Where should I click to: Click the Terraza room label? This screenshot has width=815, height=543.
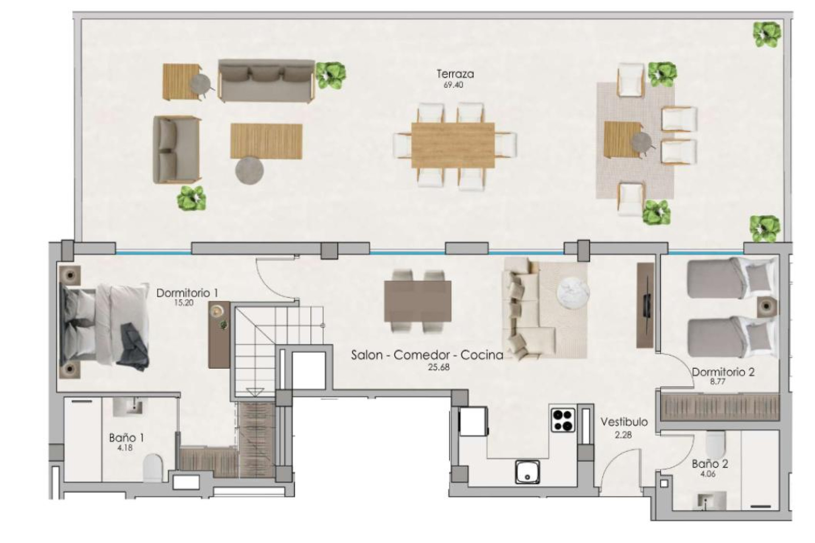coord(455,74)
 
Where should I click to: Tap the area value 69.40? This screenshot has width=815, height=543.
coord(453,85)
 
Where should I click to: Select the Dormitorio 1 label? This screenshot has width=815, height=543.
coord(187,293)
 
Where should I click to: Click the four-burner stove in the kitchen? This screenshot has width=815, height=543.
coord(563,420)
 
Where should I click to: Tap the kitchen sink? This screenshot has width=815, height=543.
coord(528,472)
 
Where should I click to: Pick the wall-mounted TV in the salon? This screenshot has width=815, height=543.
coord(646,305)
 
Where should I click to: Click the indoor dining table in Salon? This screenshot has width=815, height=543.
coord(417,301)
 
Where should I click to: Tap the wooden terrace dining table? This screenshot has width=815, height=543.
coord(453,145)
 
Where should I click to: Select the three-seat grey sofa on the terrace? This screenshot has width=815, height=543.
coord(266,81)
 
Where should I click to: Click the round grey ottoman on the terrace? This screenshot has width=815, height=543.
coord(250,171)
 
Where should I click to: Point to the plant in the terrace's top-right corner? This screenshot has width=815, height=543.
coord(767,35)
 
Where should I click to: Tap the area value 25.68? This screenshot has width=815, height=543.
coord(438,367)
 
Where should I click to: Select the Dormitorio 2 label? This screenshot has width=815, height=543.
coord(723,372)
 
